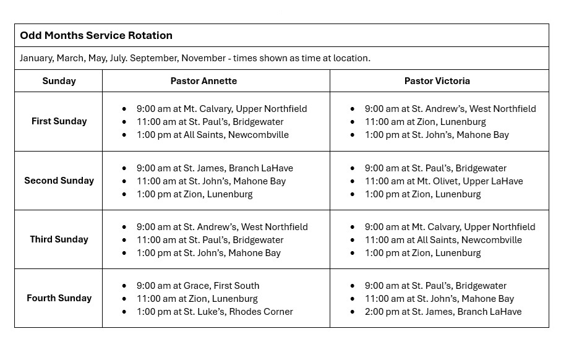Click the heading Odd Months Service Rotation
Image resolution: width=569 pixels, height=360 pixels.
pos(96,35)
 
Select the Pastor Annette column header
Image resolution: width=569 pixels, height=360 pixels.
pos(203,81)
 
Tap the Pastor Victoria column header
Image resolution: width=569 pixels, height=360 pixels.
pos(437,81)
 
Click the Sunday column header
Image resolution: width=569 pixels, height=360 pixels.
pos(59,81)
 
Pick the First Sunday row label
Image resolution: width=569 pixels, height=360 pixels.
pos(59,121)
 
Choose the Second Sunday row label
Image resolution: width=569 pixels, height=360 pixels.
pos(59,181)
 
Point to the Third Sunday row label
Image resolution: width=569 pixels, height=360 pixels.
pos(59,239)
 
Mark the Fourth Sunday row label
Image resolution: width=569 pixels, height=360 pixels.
pos(59,298)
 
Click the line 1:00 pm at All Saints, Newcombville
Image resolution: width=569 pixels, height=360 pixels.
pos(212,135)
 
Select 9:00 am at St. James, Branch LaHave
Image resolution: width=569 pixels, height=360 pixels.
pos(215,168)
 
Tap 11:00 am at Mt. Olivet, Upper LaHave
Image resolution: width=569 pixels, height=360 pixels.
pos(443,181)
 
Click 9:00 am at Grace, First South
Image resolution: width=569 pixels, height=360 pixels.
pos(198,286)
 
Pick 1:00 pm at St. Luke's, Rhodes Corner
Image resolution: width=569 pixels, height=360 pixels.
pos(215,312)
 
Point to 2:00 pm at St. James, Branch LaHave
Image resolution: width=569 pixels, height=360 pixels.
pos(443,312)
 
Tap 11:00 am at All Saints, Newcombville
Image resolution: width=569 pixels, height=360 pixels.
pos(443,240)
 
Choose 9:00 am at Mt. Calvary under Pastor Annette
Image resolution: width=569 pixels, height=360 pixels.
pos(221,109)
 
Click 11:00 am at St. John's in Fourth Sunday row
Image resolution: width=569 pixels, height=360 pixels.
pos(439,299)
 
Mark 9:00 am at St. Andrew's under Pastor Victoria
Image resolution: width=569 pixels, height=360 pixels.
pos(450,109)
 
